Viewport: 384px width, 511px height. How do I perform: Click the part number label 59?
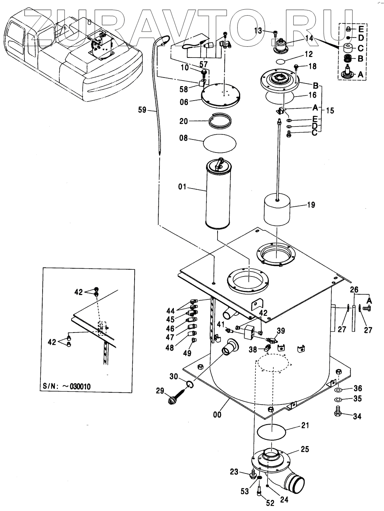point(142,110)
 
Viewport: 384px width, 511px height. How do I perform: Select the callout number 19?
point(311,204)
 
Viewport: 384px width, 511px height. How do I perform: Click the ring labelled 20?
point(221,121)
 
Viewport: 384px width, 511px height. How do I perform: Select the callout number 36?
point(357,389)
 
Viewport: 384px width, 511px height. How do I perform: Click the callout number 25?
point(305,450)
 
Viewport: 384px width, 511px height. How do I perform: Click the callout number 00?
point(217,415)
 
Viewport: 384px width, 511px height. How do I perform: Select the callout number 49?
point(187,353)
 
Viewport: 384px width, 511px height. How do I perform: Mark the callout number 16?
point(312,95)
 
